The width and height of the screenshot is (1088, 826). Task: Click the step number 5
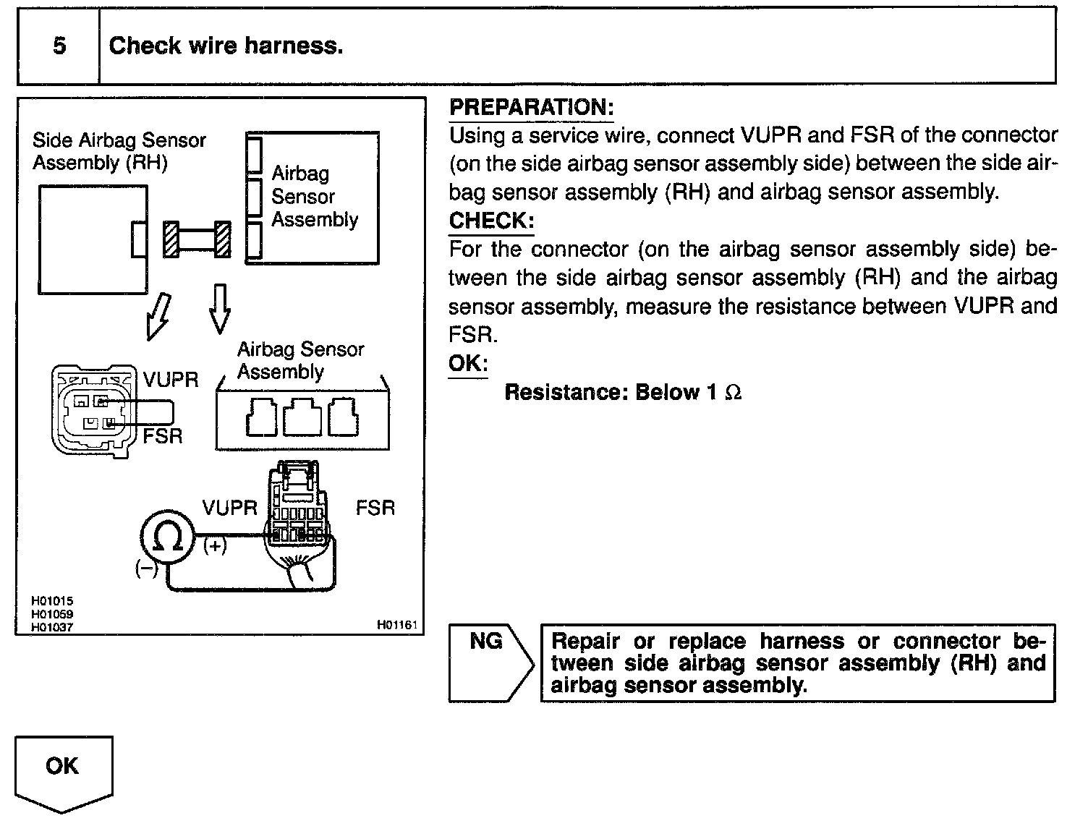tap(59, 46)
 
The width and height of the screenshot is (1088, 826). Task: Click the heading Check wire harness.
tap(226, 46)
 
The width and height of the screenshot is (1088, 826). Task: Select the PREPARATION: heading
tap(532, 108)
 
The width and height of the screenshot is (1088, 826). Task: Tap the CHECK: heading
tap(491, 221)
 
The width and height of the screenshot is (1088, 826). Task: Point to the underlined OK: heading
tap(468, 363)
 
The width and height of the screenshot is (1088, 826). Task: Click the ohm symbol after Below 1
tap(733, 393)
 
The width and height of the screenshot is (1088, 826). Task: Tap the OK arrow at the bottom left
tap(64, 771)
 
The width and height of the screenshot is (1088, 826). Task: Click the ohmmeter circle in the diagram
tap(167, 536)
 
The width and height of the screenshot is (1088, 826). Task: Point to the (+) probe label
tap(215, 546)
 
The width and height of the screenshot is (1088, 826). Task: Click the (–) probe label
tap(146, 569)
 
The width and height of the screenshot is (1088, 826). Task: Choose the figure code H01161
tap(397, 625)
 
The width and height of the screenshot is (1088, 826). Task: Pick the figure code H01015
tap(52, 601)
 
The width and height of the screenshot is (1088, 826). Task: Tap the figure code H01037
tap(52, 627)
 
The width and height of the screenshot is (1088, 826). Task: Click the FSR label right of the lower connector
tap(375, 508)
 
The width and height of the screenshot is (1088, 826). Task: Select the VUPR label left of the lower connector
tap(229, 508)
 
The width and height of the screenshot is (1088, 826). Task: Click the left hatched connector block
tap(171, 239)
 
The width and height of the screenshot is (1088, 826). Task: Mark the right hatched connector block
tap(223, 239)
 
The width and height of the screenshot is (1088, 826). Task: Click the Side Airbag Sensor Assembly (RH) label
tap(119, 151)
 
